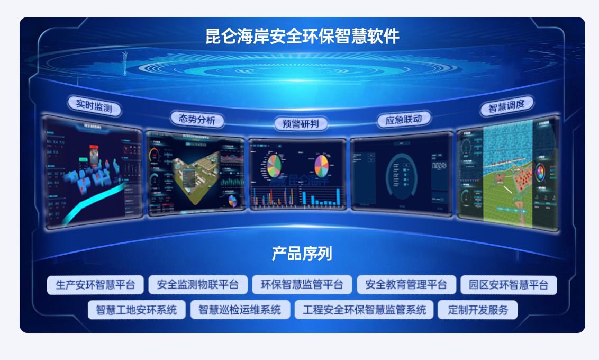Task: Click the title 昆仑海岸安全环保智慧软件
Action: pyautogui.click(x=302, y=36)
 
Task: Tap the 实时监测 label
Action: pyautogui.click(x=94, y=106)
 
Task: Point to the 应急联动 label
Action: pyautogui.click(x=404, y=119)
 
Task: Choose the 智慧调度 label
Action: pyautogui.click(x=506, y=106)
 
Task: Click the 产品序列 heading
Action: pyautogui.click(x=302, y=254)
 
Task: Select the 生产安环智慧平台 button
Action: pyautogui.click(x=95, y=285)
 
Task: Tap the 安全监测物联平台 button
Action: pyautogui.click(x=197, y=285)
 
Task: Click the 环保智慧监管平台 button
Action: pyautogui.click(x=302, y=285)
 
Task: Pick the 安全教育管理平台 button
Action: pyautogui.click(x=406, y=285)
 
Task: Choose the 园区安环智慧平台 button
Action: pyautogui.click(x=509, y=285)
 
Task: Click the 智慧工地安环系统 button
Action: pyautogui.click(x=137, y=310)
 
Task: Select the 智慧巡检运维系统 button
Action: pyautogui.click(x=240, y=310)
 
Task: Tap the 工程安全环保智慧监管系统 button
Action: pyautogui.click(x=364, y=310)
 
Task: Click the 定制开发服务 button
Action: pyautogui.click(x=477, y=310)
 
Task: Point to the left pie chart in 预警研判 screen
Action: pyautogui.click(x=274, y=166)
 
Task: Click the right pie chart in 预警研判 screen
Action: pyautogui.click(x=321, y=166)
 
